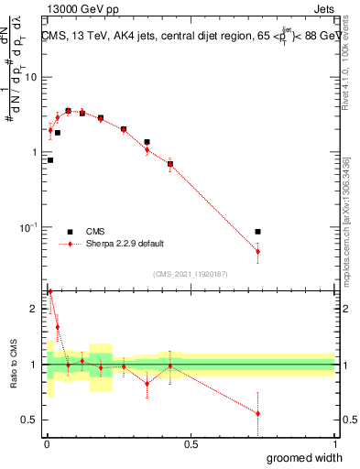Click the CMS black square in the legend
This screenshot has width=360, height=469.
(71, 232)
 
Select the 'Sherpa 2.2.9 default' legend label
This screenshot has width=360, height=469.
(125, 244)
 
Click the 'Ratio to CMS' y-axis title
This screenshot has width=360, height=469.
(13, 365)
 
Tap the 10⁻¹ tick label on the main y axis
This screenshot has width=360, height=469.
(29, 226)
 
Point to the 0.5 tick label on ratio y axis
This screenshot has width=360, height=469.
(31, 420)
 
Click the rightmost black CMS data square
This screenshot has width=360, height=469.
(257, 232)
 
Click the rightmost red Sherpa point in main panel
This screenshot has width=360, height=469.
(257, 251)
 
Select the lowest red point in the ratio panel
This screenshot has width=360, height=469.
(257, 413)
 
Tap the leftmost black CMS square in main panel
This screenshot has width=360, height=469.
(50, 160)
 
